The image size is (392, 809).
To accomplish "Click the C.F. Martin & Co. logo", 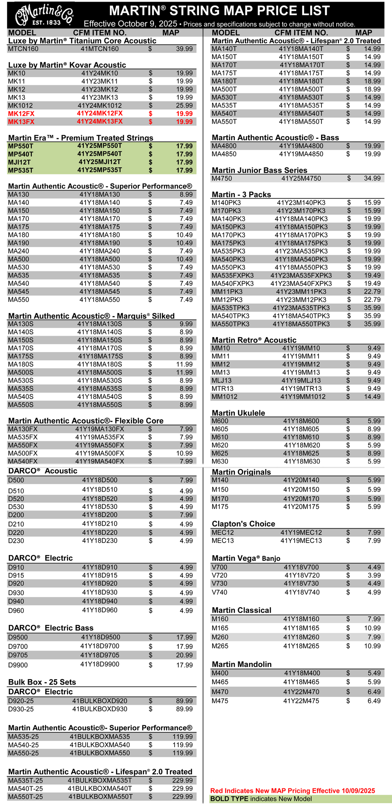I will click(44, 15).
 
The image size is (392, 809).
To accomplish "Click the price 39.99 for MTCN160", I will click(184, 49).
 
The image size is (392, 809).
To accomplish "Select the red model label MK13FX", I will click(21, 122).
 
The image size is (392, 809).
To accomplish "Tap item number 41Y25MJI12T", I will click(99, 162).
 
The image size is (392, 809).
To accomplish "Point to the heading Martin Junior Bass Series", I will click(259, 170).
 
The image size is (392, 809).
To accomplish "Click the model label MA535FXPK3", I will click(232, 275).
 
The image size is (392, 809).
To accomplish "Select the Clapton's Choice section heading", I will click(243, 524).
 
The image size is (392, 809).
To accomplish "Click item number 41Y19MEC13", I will click(301, 541).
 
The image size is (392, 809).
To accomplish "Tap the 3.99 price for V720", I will click(374, 575).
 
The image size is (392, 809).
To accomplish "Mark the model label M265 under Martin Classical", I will click(220, 646).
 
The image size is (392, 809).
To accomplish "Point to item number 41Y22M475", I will click(301, 701).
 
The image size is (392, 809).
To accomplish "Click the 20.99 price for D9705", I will click(184, 655).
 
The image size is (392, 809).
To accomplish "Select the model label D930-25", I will click(21, 709).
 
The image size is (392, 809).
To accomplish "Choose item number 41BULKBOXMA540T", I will click(99, 788).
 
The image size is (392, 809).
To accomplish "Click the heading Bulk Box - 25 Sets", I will click(42, 682).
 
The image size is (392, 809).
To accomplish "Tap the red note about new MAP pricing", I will click(293, 791).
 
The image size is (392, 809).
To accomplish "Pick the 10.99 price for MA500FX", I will click(184, 453).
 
